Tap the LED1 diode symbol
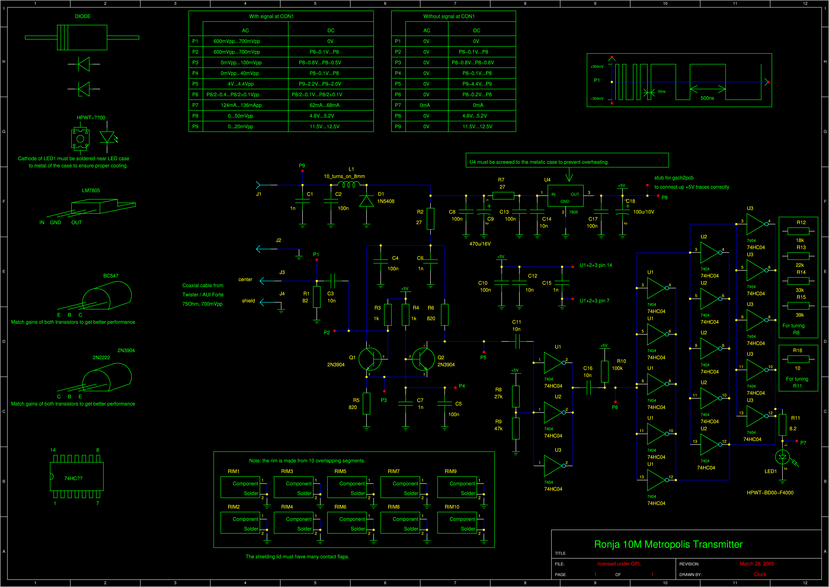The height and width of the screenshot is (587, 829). click(783, 457)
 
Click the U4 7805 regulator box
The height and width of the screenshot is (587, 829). click(565, 196)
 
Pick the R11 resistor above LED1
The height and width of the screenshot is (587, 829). click(782, 425)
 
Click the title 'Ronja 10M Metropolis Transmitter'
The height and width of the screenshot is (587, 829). click(668, 544)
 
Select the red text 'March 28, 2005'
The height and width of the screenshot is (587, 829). click(757, 564)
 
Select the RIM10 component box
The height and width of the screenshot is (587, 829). click(457, 523)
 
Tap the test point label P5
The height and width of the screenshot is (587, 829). click(483, 357)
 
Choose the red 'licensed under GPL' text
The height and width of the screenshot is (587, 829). click(619, 564)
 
